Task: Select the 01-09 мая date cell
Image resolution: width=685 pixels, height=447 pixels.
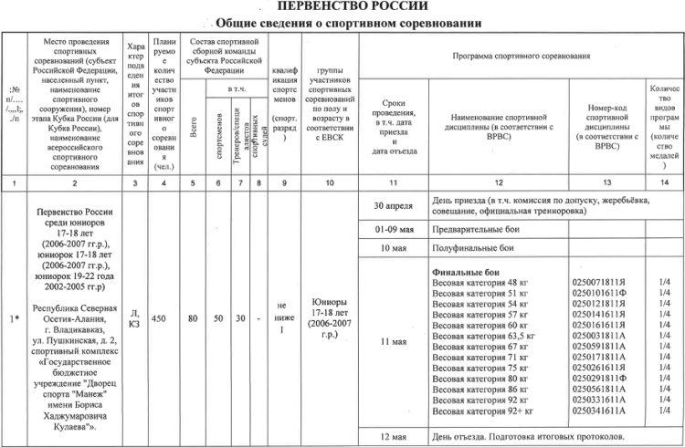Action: (395, 227)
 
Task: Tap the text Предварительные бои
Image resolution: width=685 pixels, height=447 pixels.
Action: (478, 227)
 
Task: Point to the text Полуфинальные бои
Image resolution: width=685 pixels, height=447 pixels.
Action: (474, 248)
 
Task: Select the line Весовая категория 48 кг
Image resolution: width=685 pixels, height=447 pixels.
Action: (479, 284)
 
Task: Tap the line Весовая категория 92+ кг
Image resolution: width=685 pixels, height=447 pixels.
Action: (482, 411)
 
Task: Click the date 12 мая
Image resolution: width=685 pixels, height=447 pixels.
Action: (395, 435)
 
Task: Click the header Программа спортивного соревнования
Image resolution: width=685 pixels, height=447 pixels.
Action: (522, 57)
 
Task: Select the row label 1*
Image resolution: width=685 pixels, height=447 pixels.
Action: (14, 318)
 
